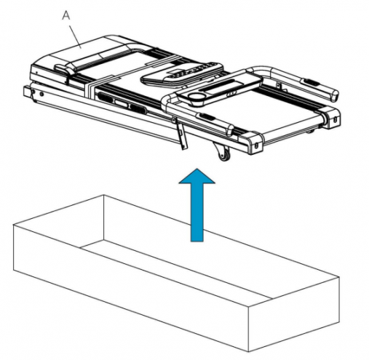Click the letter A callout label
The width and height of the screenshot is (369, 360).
tap(66, 15)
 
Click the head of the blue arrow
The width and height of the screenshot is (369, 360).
tap(197, 176)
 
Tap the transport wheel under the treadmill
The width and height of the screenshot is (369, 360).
tap(224, 156)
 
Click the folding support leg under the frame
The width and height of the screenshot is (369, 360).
tap(180, 135)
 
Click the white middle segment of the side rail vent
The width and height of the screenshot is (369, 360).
tap(123, 103)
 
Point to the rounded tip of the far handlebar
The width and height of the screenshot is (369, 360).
tap(335, 95)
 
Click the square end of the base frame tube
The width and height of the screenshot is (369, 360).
tap(28, 92)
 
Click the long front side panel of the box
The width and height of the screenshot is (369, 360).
tap(131, 289)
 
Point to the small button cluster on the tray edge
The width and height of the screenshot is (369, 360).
tap(231, 93)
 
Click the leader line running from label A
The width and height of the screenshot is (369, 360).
tap(76, 36)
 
